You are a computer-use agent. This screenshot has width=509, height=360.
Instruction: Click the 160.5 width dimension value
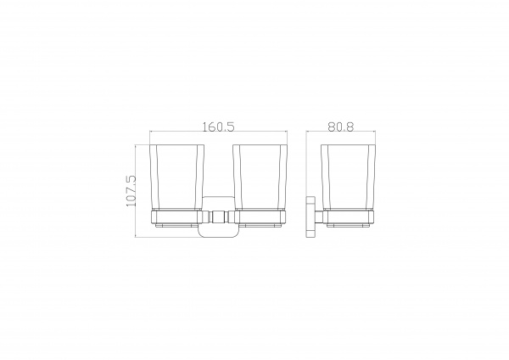pos(218,127)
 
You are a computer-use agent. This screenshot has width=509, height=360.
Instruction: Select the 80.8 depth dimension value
pos(340,127)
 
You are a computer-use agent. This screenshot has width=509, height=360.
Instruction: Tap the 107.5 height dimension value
pos(131,191)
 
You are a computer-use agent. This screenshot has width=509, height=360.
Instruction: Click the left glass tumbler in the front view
pos(177,177)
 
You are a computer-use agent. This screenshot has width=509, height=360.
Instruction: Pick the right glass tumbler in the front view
pos(260,177)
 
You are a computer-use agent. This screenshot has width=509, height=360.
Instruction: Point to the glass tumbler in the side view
pos(348,177)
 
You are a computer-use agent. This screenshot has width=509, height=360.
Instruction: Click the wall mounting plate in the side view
pos(311,217)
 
